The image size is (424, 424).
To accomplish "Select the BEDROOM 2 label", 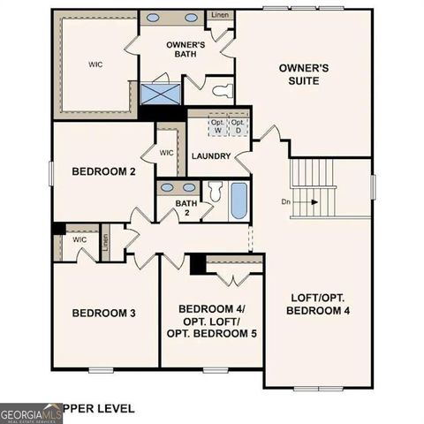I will point(103,171).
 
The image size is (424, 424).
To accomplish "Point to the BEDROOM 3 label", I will point(103,313).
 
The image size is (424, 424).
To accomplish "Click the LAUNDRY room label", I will point(210,156).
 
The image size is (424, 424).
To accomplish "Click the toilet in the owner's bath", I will point(223,90).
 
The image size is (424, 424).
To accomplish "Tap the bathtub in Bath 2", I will point(238,201).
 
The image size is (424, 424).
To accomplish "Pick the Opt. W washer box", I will point(216,127).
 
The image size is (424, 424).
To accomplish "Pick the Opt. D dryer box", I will point(237,127).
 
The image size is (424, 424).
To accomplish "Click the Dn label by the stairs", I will point(286,201).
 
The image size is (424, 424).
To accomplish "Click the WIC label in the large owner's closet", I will point(95,64).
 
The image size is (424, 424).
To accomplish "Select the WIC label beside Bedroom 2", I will point(166,153).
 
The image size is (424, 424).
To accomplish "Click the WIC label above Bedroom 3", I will point(79,238).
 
